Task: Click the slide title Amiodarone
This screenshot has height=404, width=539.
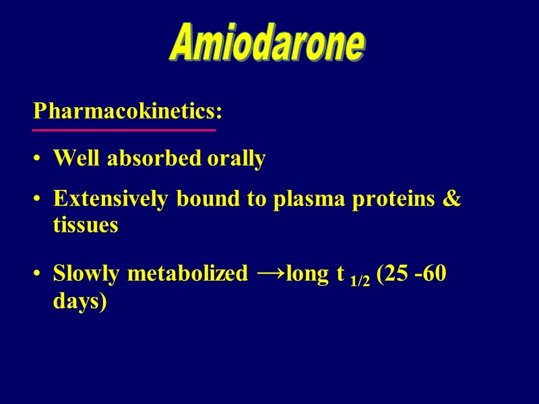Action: [x=268, y=44]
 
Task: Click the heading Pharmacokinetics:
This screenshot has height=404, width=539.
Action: [x=128, y=110]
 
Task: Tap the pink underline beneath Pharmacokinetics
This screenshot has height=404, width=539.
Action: [x=124, y=129]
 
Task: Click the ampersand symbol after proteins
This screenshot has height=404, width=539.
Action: [x=453, y=200]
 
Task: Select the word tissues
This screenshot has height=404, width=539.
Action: [x=86, y=226]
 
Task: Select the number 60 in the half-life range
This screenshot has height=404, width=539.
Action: [x=435, y=275]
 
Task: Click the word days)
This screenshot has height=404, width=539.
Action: [x=80, y=301]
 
